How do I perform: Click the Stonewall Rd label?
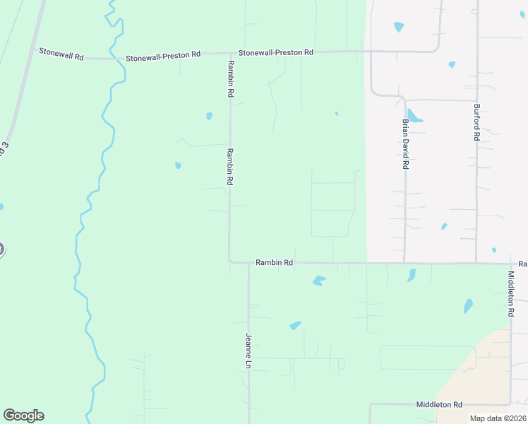[61, 52]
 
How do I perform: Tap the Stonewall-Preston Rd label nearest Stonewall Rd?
[163, 54]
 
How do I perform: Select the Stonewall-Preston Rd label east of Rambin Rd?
[275, 53]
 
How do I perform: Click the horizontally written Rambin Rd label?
[274, 262]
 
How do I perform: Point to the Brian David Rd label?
[405, 143]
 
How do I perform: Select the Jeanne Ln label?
[248, 351]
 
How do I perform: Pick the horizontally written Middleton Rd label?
[439, 404]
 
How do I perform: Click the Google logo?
[23, 416]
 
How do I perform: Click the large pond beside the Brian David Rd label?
[414, 117]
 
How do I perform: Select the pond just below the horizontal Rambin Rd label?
[319, 281]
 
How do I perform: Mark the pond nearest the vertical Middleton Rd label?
[468, 306]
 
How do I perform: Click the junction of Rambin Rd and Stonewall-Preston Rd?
[229, 53]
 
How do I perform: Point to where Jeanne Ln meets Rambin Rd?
[248, 264]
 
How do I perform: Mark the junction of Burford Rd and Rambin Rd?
[476, 264]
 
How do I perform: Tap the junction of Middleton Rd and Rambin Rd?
[511, 264]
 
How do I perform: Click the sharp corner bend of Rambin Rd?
[230, 262]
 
